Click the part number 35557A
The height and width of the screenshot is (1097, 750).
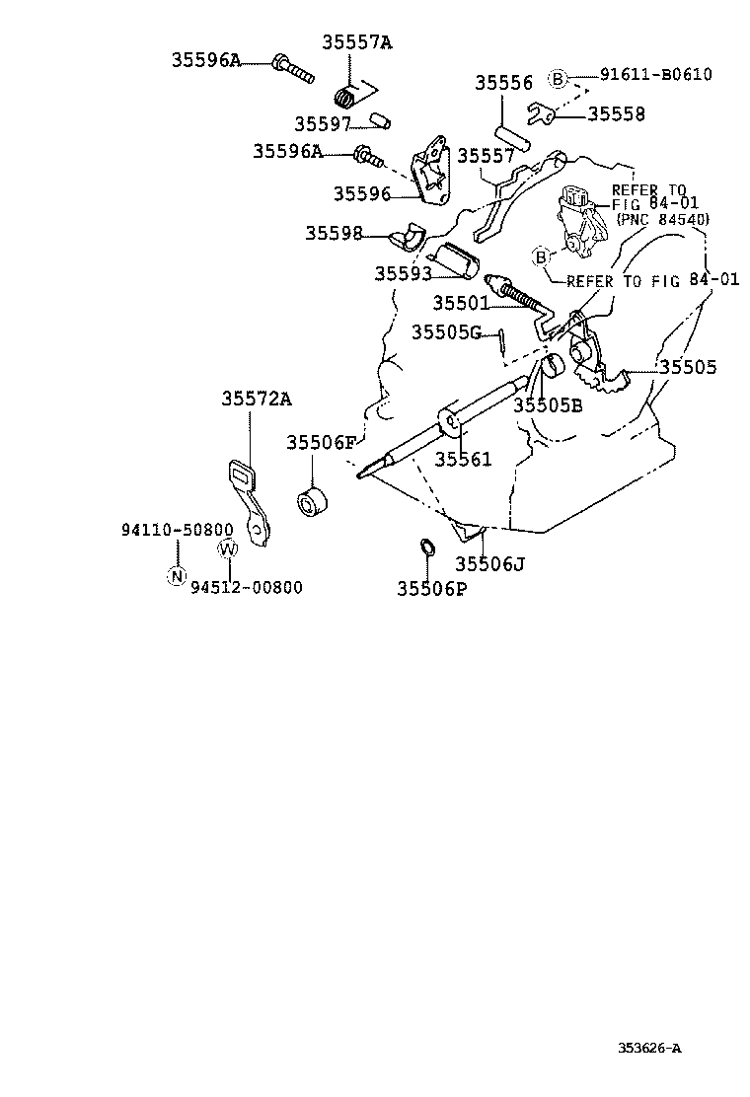pyautogui.click(x=357, y=42)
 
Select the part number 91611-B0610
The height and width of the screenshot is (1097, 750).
pyautogui.click(x=656, y=74)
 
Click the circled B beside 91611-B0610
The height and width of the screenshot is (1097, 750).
pyautogui.click(x=557, y=79)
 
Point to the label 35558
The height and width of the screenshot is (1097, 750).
pyautogui.click(x=617, y=114)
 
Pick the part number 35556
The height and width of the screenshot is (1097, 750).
pyautogui.click(x=503, y=83)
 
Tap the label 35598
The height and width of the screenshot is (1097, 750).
pyautogui.click(x=334, y=233)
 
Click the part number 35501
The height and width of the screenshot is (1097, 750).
pyautogui.click(x=461, y=303)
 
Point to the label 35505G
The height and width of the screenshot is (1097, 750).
pyautogui.click(x=446, y=332)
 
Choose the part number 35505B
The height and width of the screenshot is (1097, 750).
pyautogui.click(x=548, y=405)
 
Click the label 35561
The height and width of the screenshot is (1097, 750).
pyautogui.click(x=463, y=459)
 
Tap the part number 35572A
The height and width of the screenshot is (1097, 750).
pyautogui.click(x=257, y=399)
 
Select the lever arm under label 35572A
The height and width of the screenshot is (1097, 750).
pyautogui.click(x=249, y=501)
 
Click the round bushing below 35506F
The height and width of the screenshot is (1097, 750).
pyautogui.click(x=312, y=499)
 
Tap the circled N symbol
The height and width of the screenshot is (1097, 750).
pyautogui.click(x=177, y=576)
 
